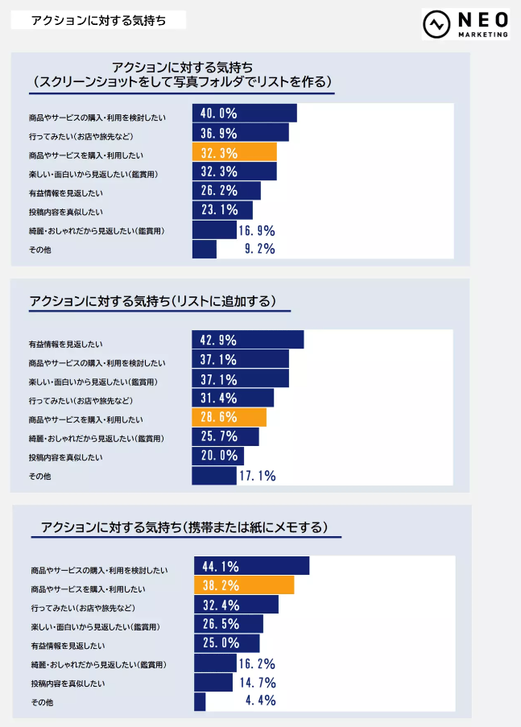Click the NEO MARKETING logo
click(466, 24)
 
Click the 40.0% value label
click(218, 113)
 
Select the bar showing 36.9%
click(240, 132)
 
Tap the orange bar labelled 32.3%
click(234, 151)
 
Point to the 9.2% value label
click(260, 250)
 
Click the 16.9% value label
click(257, 230)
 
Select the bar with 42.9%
click(247, 340)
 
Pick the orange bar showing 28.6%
click(229, 418)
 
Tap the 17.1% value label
click(257, 477)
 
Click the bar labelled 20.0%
click(217, 456)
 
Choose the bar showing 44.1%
click(251, 565)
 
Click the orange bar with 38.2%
click(244, 584)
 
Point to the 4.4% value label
click(260, 700)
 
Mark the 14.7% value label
click(258, 682)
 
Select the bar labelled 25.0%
click(227, 642)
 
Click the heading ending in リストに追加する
click(152, 302)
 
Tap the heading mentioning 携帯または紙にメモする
click(184, 528)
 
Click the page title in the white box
click(98, 20)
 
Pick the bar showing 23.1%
click(222, 210)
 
